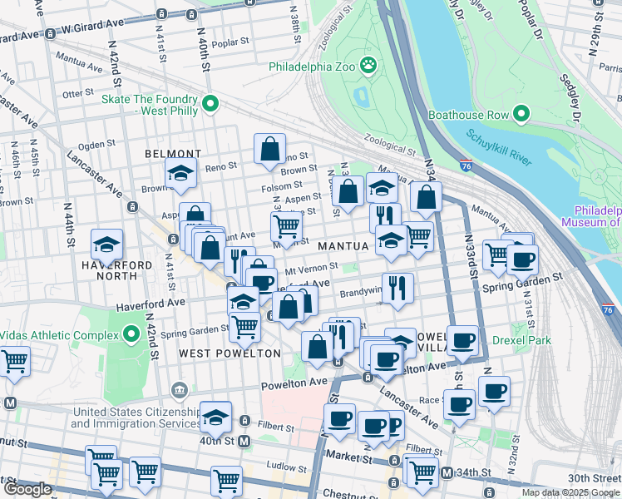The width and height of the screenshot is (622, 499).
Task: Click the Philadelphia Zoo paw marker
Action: click(x=368, y=65)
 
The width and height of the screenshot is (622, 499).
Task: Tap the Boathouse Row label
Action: click(x=471, y=112)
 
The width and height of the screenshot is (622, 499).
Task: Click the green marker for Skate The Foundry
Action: click(x=210, y=104)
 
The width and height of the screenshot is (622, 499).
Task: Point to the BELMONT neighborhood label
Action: click(x=173, y=154)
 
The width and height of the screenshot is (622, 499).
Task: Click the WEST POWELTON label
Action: click(x=218, y=353)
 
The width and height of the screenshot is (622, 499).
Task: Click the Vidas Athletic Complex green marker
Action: click(x=131, y=335)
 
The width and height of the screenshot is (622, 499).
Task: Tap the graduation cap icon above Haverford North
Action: click(x=106, y=245)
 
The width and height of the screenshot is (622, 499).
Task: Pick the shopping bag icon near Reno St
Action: click(x=270, y=150)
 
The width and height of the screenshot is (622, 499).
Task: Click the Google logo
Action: click(x=27, y=489)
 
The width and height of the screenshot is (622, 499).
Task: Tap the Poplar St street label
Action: click(x=230, y=42)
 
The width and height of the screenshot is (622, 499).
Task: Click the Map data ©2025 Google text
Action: click(x=570, y=492)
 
